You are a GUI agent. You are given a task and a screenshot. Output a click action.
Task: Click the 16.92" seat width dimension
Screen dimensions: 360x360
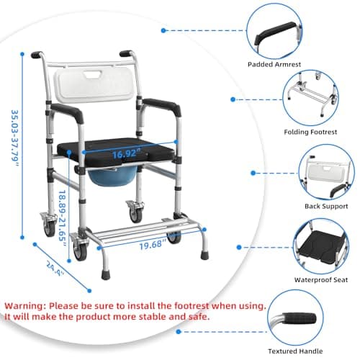126,153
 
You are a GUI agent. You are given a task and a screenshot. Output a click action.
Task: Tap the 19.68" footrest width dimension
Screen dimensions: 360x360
153,244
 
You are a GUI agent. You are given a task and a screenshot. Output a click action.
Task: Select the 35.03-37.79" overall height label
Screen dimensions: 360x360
15,138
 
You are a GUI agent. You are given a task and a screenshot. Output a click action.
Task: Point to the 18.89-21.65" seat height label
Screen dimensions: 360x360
63,218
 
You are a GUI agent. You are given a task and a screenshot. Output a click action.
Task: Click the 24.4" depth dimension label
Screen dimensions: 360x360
55,269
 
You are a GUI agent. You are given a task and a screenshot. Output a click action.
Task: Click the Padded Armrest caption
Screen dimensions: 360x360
274,64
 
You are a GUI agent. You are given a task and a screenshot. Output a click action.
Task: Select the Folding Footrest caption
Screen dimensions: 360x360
310,132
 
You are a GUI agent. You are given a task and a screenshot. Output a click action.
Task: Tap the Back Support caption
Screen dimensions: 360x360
326,206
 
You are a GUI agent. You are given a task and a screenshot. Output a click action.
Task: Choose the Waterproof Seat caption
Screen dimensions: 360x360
321,280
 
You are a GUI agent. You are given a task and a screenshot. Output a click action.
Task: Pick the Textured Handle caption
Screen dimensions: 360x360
295,351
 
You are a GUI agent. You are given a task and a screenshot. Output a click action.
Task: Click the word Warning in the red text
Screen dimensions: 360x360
25,306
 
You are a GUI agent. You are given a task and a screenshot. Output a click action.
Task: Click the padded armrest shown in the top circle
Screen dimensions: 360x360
275,34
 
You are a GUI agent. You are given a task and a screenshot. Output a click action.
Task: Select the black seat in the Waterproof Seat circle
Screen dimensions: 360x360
320,246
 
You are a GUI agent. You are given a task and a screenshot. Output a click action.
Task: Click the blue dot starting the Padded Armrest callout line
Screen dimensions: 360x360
163,30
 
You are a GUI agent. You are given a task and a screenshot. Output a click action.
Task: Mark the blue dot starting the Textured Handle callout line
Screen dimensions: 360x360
178,332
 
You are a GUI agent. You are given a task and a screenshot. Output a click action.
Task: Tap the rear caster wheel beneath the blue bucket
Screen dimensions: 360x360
135,211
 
